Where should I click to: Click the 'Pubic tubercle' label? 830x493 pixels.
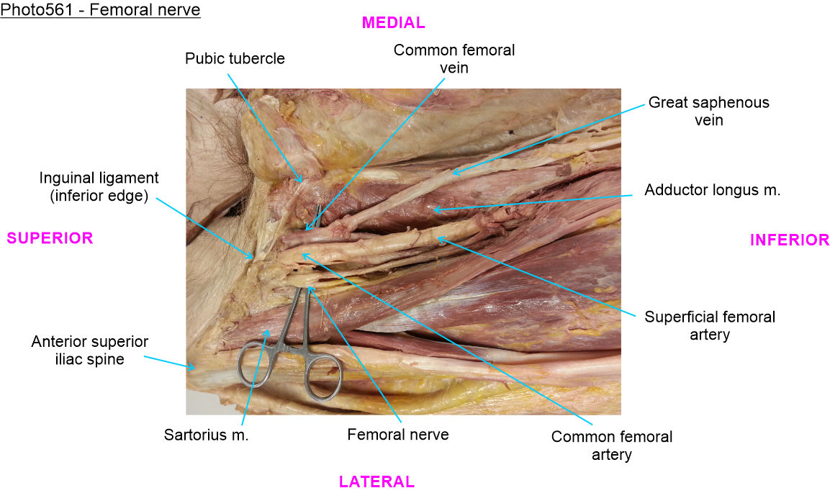coord(235,58)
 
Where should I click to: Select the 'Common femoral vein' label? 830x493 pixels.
coord(454,58)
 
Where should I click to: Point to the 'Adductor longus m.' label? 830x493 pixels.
coord(713,191)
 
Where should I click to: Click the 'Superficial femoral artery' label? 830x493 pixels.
coord(710,325)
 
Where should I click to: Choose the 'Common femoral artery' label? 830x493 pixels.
coord(611,445)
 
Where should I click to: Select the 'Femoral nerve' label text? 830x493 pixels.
coord(397,435)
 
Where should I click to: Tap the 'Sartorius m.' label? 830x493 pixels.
coord(206,435)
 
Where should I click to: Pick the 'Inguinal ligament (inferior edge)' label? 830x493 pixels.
coord(99,186)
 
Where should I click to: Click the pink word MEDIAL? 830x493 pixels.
coord(393,22)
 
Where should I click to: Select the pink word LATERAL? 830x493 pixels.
coord(376,481)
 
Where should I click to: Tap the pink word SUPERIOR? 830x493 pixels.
coord(50,238)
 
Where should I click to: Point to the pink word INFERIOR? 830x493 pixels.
coord(790,240)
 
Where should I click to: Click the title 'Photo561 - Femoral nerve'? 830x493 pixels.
coord(101,10)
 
